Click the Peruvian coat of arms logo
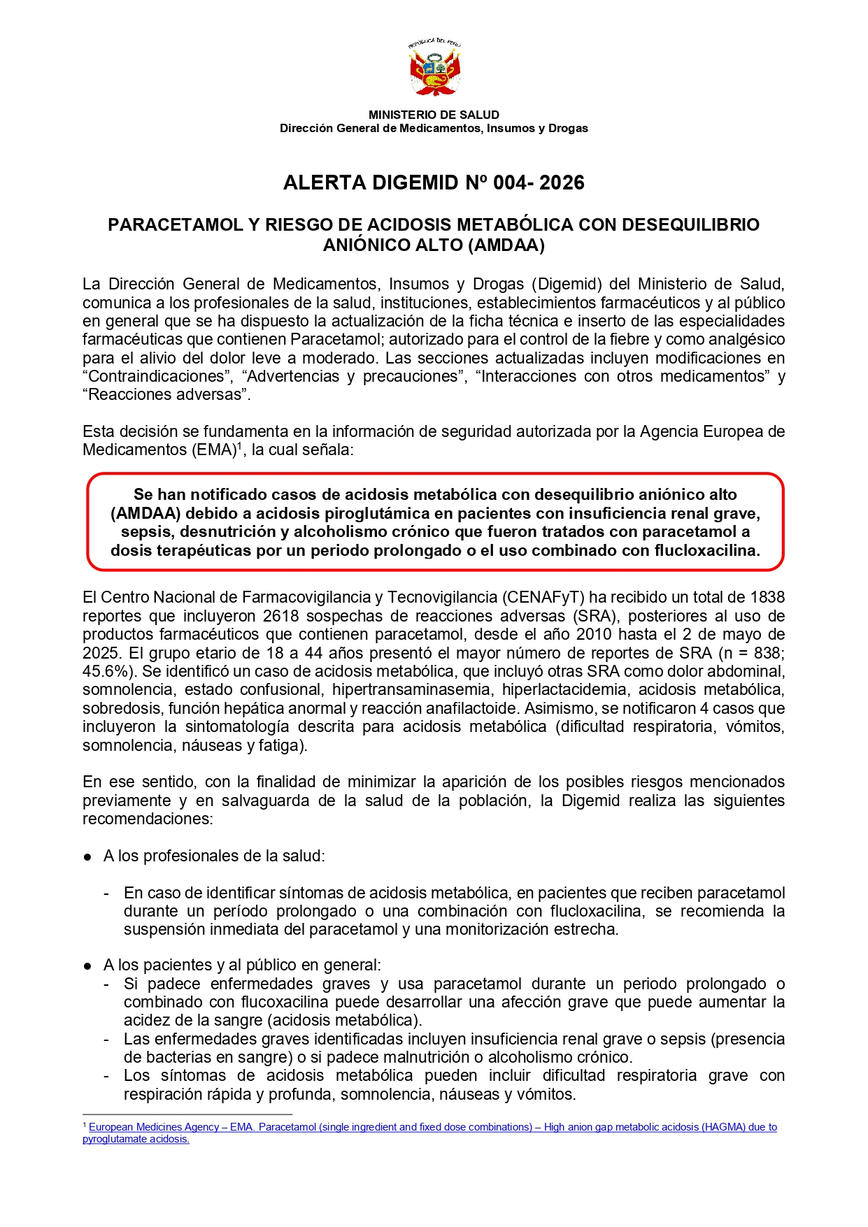tap(434, 68)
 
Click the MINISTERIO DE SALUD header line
tap(434, 115)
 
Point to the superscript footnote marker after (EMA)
tap(239, 445)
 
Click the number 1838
tap(767, 598)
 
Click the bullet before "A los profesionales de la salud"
tap(87, 857)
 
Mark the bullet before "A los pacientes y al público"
tap(87, 966)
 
